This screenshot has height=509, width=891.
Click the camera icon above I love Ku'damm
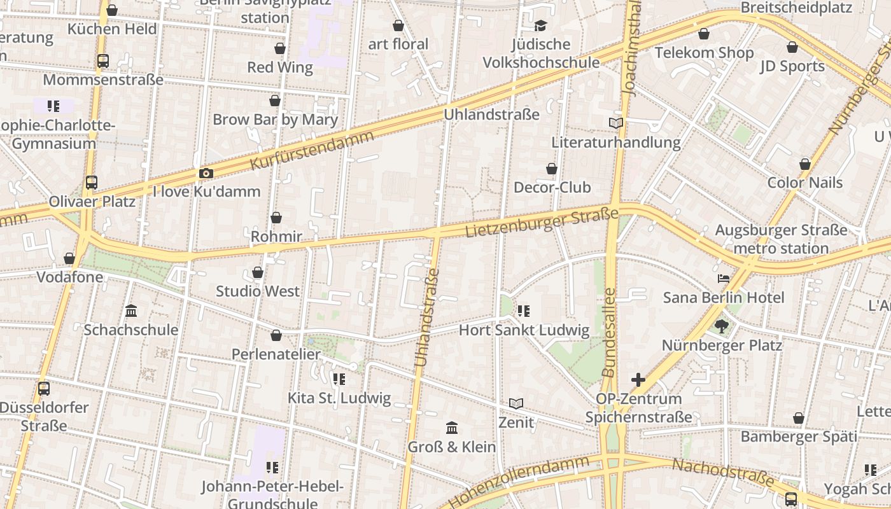pyautogui.click(x=206, y=173)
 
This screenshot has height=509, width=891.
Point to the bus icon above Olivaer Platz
pyautogui.click(x=92, y=183)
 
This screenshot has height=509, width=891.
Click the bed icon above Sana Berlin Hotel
pyautogui.click(x=723, y=279)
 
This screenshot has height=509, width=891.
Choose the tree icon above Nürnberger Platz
pyautogui.click(x=721, y=326)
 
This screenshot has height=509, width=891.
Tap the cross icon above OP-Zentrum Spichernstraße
pyautogui.click(x=638, y=380)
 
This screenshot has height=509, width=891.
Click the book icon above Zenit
pyautogui.click(x=516, y=403)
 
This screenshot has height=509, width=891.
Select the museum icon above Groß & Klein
pyautogui.click(x=452, y=427)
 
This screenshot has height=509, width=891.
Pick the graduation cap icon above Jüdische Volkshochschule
pyautogui.click(x=541, y=25)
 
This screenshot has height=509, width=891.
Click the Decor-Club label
pyautogui.click(x=552, y=187)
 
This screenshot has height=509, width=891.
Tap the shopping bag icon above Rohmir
pyautogui.click(x=276, y=218)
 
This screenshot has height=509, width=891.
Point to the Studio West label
pyautogui.click(x=258, y=291)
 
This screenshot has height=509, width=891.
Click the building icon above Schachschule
pyautogui.click(x=131, y=311)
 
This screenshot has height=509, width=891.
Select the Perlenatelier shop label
pyautogui.click(x=276, y=354)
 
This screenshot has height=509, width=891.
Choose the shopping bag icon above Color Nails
pyautogui.click(x=805, y=164)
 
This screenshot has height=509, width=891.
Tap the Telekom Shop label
pyautogui.click(x=704, y=53)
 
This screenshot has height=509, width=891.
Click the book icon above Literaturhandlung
pyautogui.click(x=616, y=123)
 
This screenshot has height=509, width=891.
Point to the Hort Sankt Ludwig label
pyautogui.click(x=524, y=330)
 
